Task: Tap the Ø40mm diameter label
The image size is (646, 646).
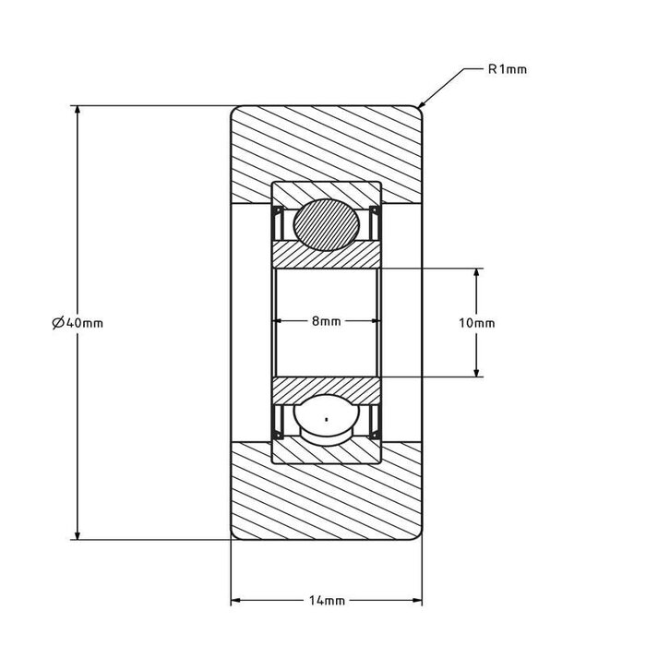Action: point(78,322)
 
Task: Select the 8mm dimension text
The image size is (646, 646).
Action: point(326,321)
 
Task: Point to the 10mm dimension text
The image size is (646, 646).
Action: point(476,322)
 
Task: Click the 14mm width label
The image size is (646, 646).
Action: point(326,600)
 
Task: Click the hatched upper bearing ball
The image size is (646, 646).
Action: point(326,223)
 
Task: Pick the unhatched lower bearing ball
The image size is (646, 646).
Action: point(326,422)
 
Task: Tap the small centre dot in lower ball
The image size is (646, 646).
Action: point(326,422)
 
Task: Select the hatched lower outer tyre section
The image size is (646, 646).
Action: point(326,498)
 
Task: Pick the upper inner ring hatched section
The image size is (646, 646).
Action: point(326,257)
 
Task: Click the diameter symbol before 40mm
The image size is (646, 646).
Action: point(57,322)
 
